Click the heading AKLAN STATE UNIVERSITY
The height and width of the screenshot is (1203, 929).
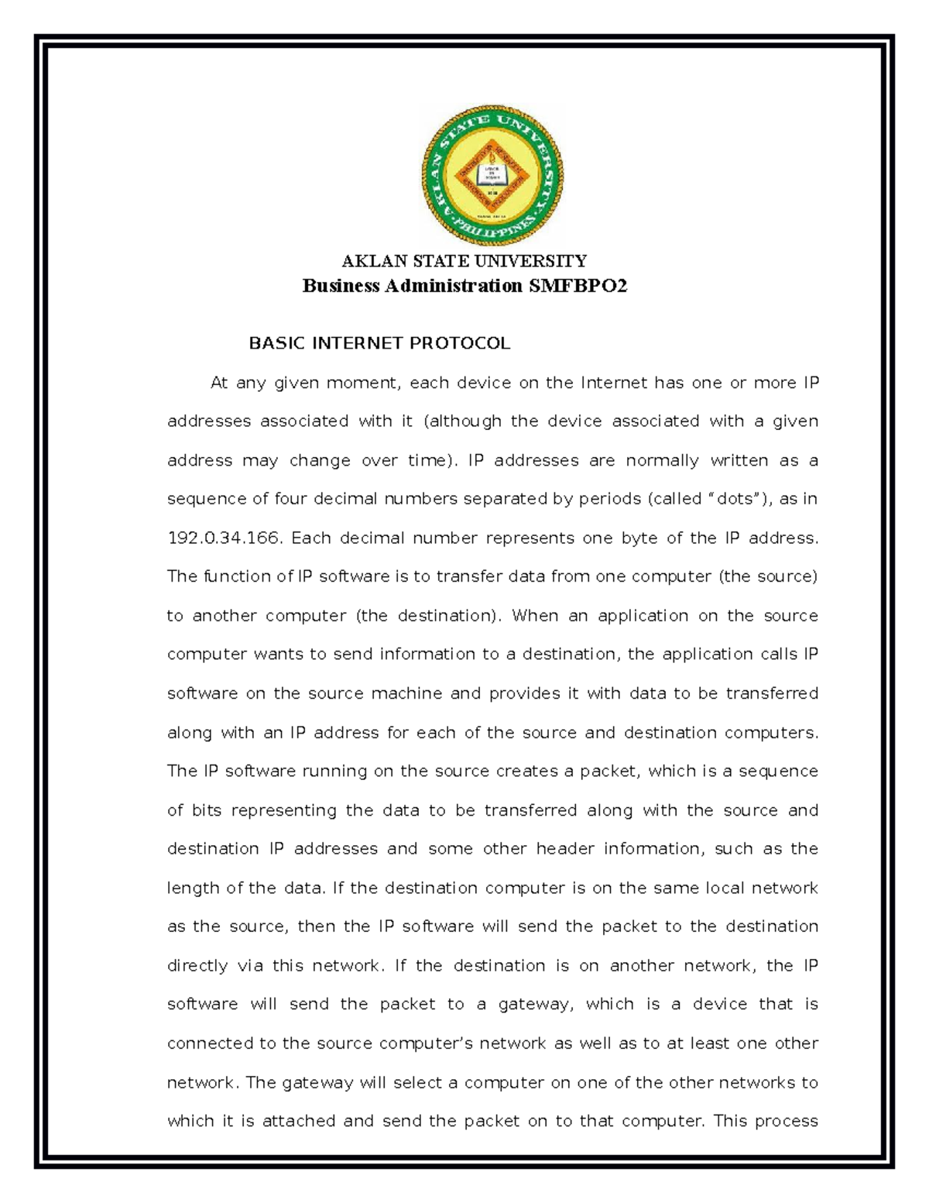coord(464,261)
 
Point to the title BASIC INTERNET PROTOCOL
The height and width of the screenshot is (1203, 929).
coord(379,344)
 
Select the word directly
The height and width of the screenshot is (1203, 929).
coord(197,966)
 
